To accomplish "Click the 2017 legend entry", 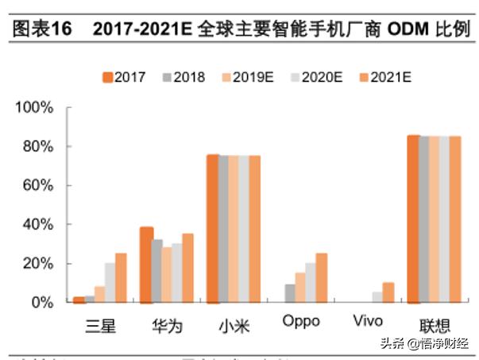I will pyautogui.click(x=128, y=77).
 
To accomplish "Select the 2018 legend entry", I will pyautogui.click(x=183, y=77).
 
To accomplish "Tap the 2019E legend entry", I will pyautogui.click(x=245, y=77).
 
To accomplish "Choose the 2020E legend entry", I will pyautogui.click(x=312, y=77).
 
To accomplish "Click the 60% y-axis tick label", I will pyautogui.click(x=37, y=185).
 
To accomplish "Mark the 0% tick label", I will pyautogui.click(x=41, y=303).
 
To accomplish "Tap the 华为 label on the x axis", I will pyautogui.click(x=166, y=324).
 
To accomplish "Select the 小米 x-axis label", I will pyautogui.click(x=233, y=324).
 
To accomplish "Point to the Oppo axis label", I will pyautogui.click(x=300, y=322).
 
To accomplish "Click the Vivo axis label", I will pyautogui.click(x=366, y=322).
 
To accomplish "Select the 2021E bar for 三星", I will pyautogui.click(x=121, y=278).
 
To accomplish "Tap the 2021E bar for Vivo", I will pyautogui.click(x=388, y=292).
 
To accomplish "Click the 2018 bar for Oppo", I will pyautogui.click(x=290, y=293).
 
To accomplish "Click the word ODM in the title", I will pyautogui.click(x=406, y=30).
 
